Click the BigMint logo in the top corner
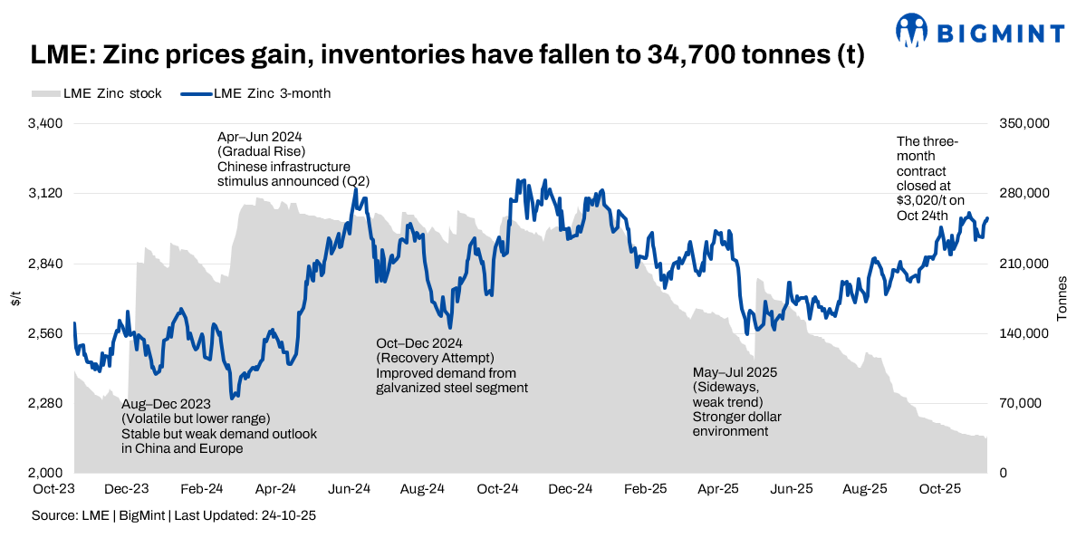(980, 32)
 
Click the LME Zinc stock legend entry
(97, 93)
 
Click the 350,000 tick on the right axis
(1021, 123)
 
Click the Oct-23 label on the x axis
(53, 489)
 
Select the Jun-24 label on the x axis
(349, 489)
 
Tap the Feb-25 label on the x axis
(646, 489)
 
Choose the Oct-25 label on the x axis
(941, 489)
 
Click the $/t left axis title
(15, 299)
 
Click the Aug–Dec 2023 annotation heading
(166, 404)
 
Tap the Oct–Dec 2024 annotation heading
(419, 343)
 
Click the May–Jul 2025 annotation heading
(735, 372)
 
